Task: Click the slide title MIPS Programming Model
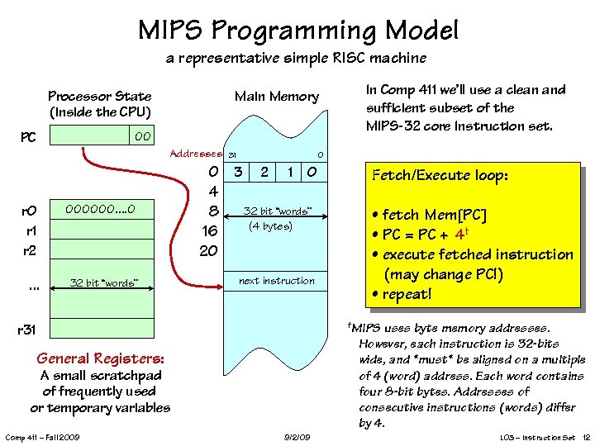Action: (297, 31)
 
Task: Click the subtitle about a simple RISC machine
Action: (296, 59)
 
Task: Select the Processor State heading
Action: (99, 103)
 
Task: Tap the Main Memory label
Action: (276, 97)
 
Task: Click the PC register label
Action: (29, 136)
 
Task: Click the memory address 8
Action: (212, 211)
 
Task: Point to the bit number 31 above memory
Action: (232, 155)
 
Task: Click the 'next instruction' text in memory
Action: (277, 281)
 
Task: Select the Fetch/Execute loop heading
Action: (440, 176)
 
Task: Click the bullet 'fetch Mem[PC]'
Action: (429, 215)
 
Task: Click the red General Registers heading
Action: (100, 358)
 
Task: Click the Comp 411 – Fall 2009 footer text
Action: (42, 437)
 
